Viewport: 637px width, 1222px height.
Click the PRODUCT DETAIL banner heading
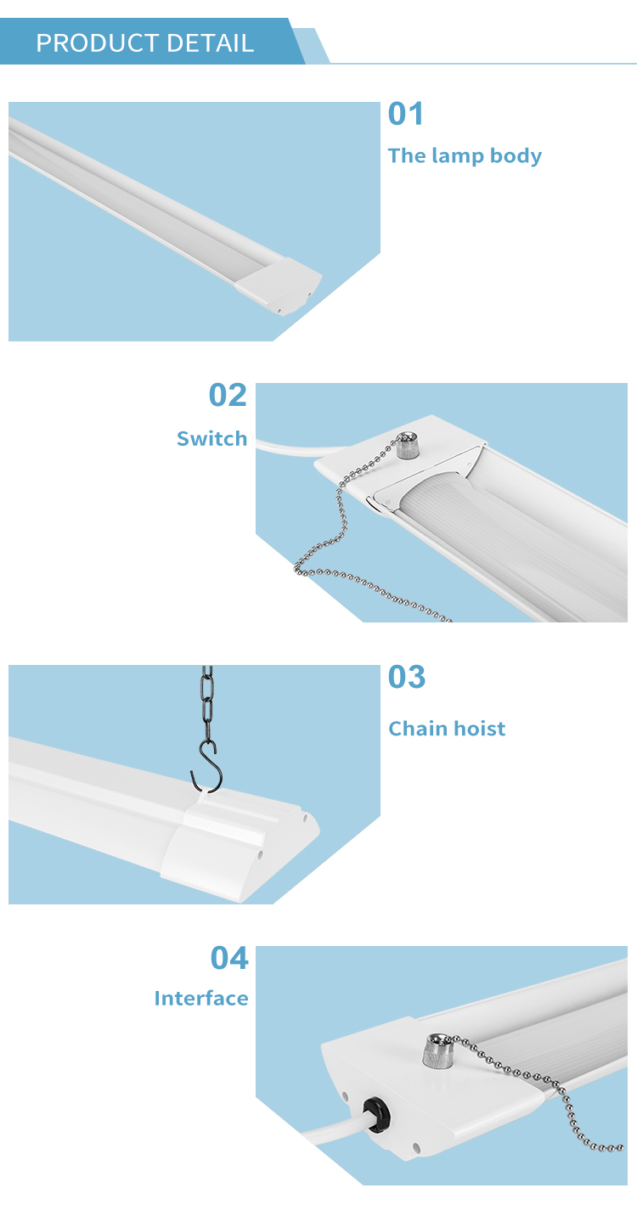144,42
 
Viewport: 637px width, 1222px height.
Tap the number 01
406,114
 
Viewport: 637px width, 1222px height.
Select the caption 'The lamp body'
465,155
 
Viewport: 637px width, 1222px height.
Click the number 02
228,395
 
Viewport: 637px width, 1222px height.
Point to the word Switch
211,438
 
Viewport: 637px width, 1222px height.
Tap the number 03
407,677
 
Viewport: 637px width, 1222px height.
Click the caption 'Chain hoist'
447,729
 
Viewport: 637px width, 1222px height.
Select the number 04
229,958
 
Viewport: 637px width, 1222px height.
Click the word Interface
201,999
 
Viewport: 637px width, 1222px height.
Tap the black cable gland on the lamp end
376,1114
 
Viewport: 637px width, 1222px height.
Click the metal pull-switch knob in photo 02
407,445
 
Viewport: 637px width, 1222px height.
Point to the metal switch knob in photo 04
439,1050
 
